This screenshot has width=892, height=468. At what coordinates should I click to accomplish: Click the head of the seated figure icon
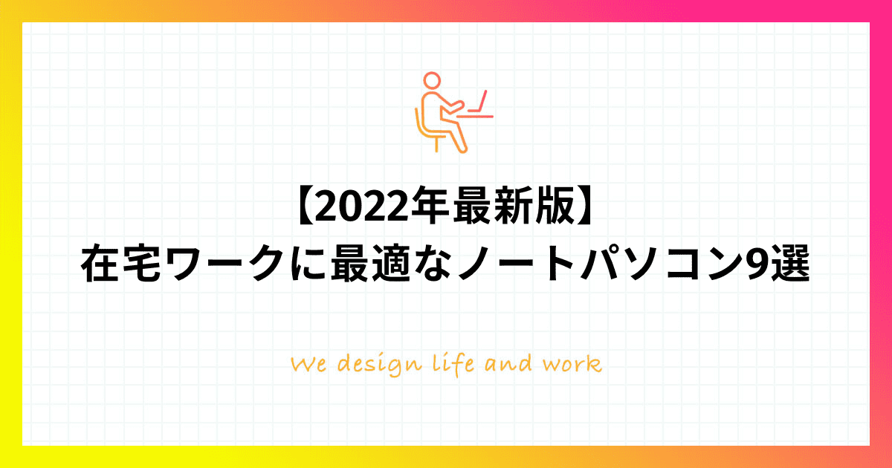point(432,80)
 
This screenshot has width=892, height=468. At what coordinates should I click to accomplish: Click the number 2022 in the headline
point(361,208)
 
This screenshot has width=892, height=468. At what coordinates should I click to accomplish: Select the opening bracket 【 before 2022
point(306,207)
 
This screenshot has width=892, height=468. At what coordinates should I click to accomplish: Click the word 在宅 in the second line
point(120,264)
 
